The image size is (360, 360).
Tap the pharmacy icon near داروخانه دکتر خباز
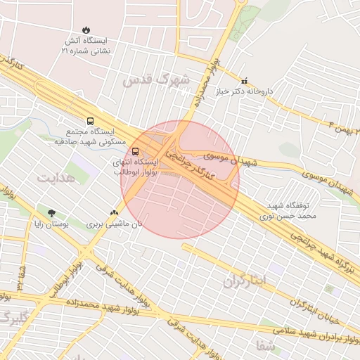pos(244,81)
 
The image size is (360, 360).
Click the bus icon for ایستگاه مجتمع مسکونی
pos(89,121)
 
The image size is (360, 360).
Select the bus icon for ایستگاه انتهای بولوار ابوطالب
pos(135,150)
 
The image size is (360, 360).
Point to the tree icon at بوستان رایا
pos(52,212)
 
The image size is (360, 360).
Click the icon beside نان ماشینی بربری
pos(115,212)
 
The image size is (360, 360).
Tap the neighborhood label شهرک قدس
pos(155,79)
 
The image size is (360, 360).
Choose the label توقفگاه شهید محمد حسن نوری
pos(292,211)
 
